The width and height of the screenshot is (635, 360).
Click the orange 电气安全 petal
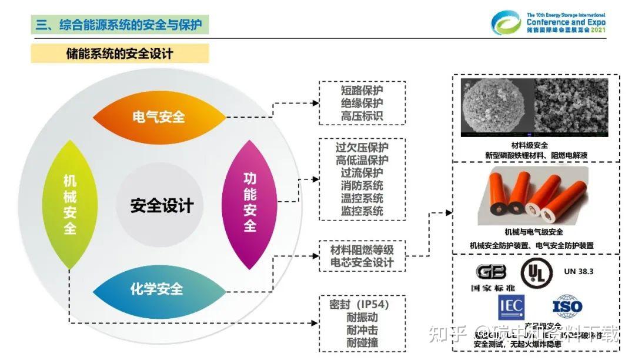tap(159, 117)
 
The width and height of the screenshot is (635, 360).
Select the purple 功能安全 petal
tap(250, 203)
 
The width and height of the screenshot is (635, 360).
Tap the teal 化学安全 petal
tap(157, 289)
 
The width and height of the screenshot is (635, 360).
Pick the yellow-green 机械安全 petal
tap(70, 204)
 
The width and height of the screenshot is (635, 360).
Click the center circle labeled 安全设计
tap(162, 205)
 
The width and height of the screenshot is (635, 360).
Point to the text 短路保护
tap(362, 91)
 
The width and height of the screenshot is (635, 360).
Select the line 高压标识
tap(362, 116)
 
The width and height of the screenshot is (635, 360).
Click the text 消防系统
tap(362, 185)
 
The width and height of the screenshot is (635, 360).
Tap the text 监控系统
tap(362, 211)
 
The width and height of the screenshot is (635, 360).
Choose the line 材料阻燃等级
tap(362, 249)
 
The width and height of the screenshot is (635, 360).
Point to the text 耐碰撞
tap(362, 342)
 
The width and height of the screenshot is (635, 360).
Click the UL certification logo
tap(536, 272)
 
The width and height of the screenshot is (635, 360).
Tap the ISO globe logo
tap(567, 306)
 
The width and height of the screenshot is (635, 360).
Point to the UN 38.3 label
tap(579, 271)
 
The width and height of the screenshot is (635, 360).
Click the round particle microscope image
tap(497, 108)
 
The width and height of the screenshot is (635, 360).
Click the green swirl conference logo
tap(506, 22)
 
